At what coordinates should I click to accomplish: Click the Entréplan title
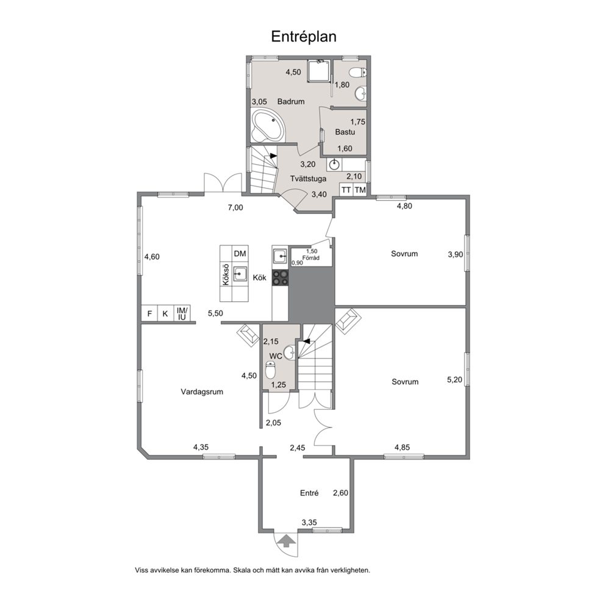(x=304, y=37)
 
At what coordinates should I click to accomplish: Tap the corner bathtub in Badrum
(x=268, y=126)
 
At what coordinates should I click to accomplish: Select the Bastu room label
(x=345, y=132)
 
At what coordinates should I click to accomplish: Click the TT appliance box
(x=346, y=190)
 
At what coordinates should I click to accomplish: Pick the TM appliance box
(x=360, y=190)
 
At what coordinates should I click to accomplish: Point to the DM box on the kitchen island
(x=240, y=254)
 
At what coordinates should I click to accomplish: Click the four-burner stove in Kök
(x=281, y=277)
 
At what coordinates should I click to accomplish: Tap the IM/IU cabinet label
(x=182, y=313)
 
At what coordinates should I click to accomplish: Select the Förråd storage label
(x=311, y=258)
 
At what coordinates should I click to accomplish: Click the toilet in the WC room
(x=271, y=370)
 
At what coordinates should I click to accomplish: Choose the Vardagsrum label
(x=202, y=392)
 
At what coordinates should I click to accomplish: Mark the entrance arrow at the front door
(x=286, y=540)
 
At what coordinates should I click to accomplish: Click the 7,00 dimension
(x=235, y=207)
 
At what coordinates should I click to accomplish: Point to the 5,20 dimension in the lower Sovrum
(x=454, y=380)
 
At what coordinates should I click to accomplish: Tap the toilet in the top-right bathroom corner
(x=357, y=72)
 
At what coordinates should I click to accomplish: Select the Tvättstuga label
(x=308, y=179)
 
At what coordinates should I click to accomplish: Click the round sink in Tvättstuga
(x=334, y=165)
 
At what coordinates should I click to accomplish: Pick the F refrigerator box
(x=149, y=313)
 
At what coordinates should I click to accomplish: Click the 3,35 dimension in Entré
(x=309, y=523)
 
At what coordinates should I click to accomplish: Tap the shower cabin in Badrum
(x=320, y=71)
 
